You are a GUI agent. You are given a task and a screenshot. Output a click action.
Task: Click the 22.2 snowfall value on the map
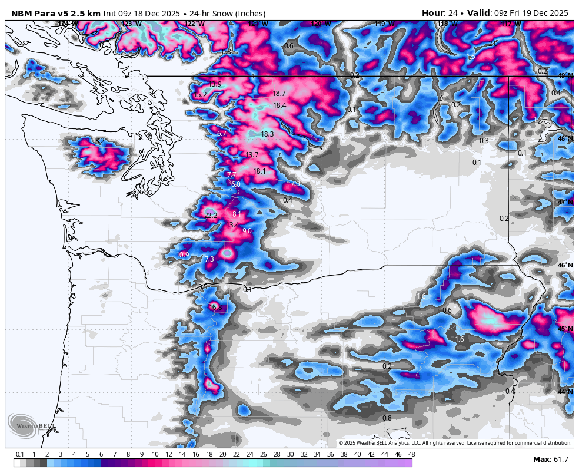click(211, 216)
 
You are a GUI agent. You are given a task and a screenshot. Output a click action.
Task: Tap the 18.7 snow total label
click(279, 94)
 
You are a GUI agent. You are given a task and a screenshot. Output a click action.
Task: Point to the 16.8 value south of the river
click(215, 308)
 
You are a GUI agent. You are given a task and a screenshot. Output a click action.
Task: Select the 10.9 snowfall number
click(183, 255)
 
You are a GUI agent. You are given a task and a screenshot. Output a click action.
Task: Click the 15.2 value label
click(200, 95)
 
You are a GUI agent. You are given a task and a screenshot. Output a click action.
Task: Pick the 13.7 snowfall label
click(252, 155)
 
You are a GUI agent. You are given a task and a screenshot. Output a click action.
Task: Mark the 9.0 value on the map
click(247, 231)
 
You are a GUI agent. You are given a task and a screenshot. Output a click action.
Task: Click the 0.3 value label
click(484, 141)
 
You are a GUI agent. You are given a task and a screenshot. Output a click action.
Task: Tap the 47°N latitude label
click(565, 202)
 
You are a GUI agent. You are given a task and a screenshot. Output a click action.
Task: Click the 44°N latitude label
click(565, 392)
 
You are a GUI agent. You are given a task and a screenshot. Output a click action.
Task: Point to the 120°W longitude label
click(321, 24)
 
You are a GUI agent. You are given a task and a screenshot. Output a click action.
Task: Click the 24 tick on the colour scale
click(249, 454)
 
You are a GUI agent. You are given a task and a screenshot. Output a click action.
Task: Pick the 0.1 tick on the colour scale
click(20, 454)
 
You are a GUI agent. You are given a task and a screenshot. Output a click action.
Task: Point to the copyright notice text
click(455, 442)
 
